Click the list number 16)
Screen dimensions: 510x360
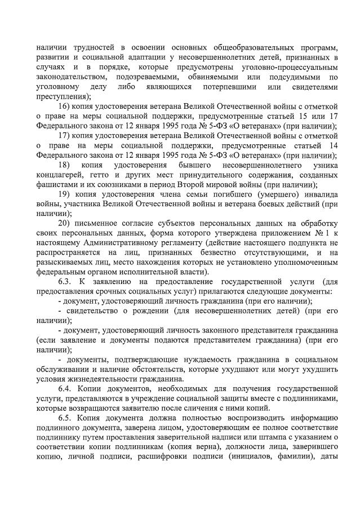point(65,107)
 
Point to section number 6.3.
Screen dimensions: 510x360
point(66,281)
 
